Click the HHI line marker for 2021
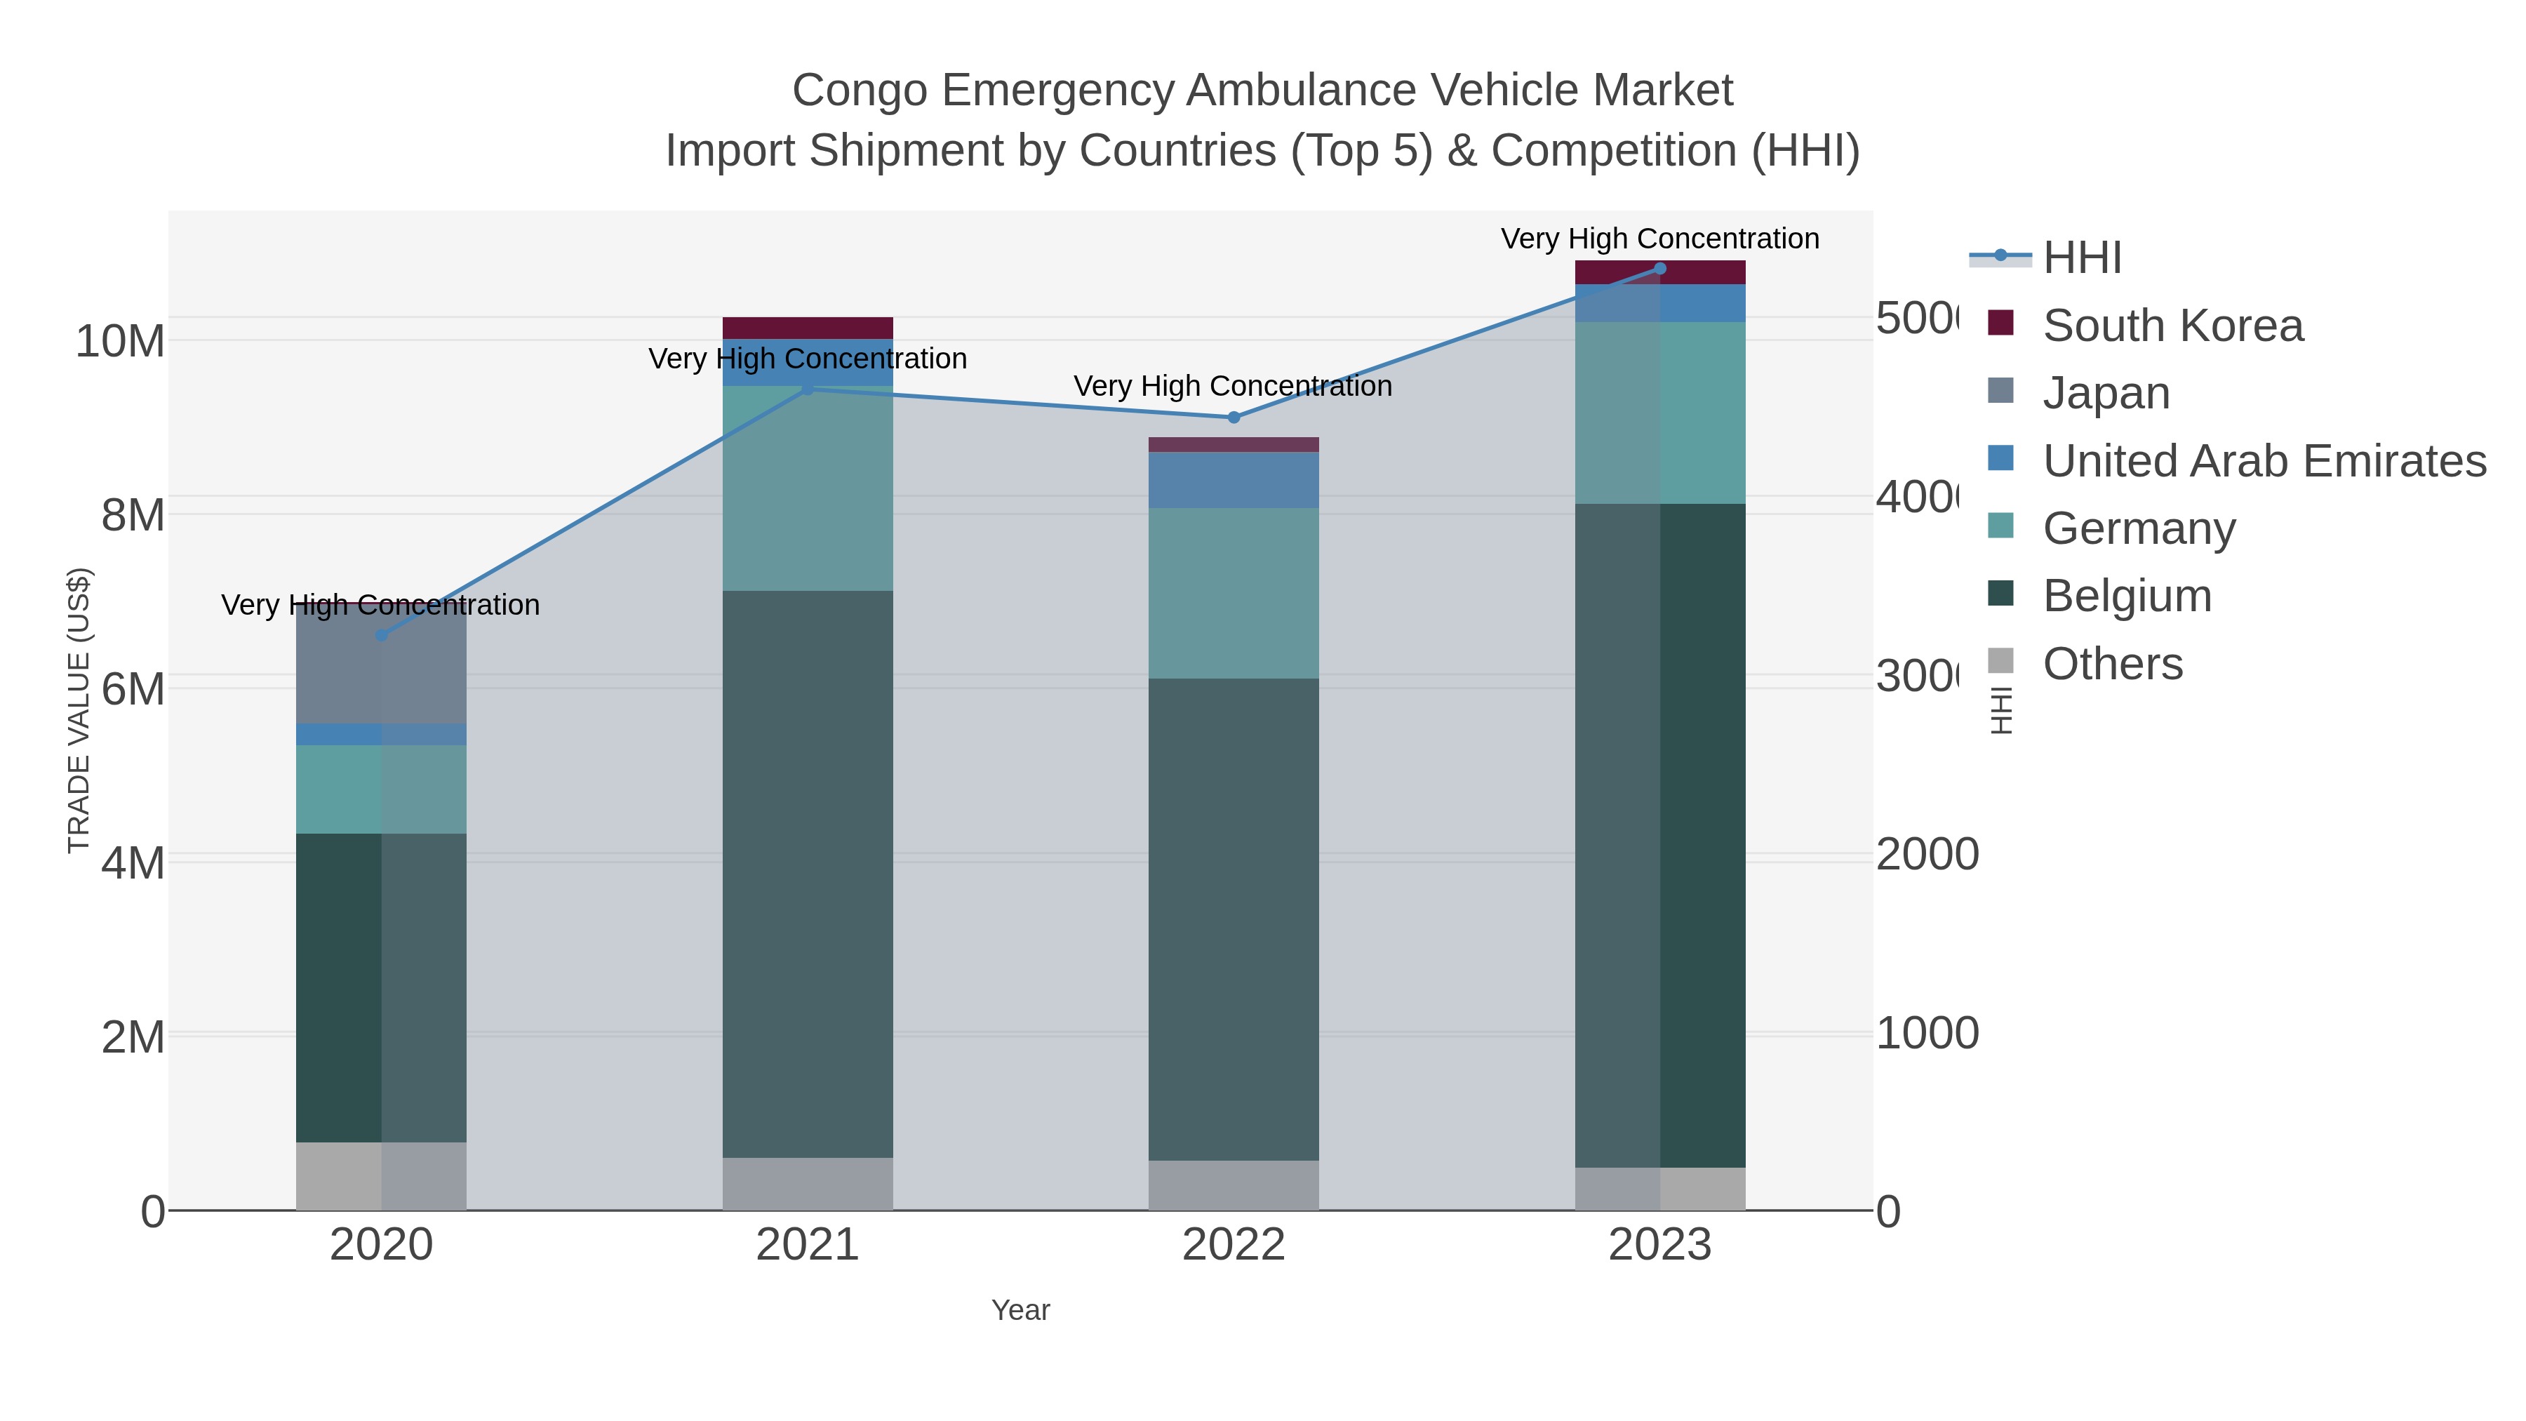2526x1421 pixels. point(808,389)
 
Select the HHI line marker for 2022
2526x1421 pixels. point(1234,418)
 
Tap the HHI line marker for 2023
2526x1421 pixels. point(1660,269)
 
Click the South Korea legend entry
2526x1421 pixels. point(2172,326)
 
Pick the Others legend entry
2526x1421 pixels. point(2112,664)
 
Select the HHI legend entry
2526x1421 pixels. point(2082,258)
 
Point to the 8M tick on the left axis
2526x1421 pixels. point(133,515)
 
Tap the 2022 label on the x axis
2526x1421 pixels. point(1234,1246)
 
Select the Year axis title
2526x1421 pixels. point(1021,1310)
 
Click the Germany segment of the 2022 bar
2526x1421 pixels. point(1234,593)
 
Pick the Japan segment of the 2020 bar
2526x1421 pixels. point(382,667)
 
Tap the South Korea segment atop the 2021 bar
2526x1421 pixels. point(808,328)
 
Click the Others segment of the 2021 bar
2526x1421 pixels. point(808,1184)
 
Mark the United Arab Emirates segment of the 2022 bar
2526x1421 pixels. point(1234,479)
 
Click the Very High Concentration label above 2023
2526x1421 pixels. point(1660,239)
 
